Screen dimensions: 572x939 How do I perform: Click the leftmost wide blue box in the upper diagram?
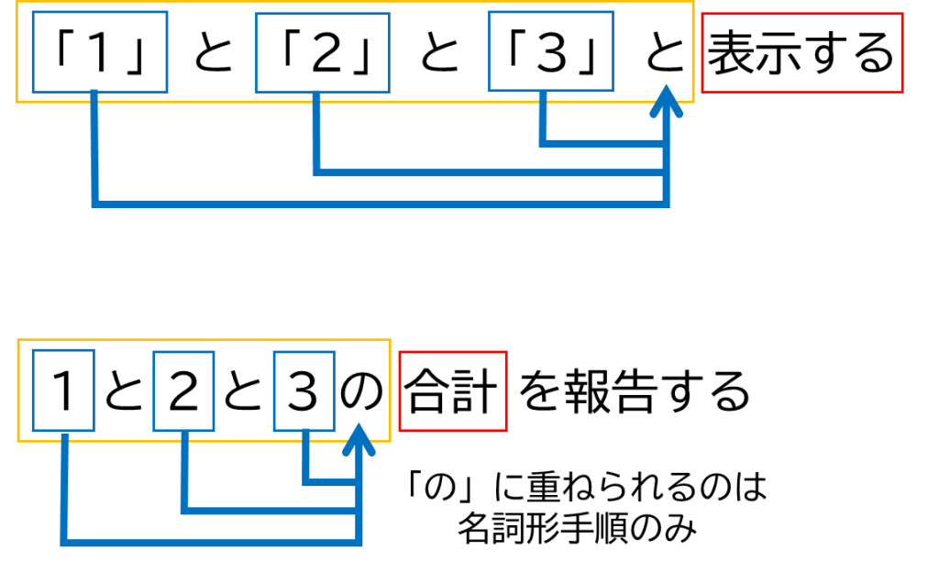100,52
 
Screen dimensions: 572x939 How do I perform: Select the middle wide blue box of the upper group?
323,53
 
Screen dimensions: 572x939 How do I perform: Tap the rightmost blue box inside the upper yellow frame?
551,51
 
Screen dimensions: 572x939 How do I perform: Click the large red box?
802,53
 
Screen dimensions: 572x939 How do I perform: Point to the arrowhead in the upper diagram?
666,99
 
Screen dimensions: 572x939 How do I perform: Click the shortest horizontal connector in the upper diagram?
603,143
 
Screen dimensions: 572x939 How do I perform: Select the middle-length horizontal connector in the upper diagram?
491,172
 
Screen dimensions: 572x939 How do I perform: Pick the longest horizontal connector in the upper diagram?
381,204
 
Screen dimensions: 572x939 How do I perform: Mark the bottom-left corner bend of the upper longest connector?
95,204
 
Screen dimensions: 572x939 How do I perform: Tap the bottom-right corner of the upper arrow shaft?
666,204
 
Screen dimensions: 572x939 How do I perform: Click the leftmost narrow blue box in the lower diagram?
63,390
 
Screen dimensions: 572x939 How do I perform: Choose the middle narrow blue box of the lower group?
184,391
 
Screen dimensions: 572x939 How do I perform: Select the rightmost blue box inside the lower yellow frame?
304,391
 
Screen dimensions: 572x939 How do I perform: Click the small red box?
453,391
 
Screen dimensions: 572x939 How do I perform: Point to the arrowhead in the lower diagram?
359,437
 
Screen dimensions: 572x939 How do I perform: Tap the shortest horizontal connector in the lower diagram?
331,482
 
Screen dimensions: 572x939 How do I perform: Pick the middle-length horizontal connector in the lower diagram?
271,511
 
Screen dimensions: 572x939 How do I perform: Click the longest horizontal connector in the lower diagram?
211,543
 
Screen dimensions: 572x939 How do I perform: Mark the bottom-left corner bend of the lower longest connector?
64,543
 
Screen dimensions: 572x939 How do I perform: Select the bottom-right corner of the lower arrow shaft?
359,543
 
